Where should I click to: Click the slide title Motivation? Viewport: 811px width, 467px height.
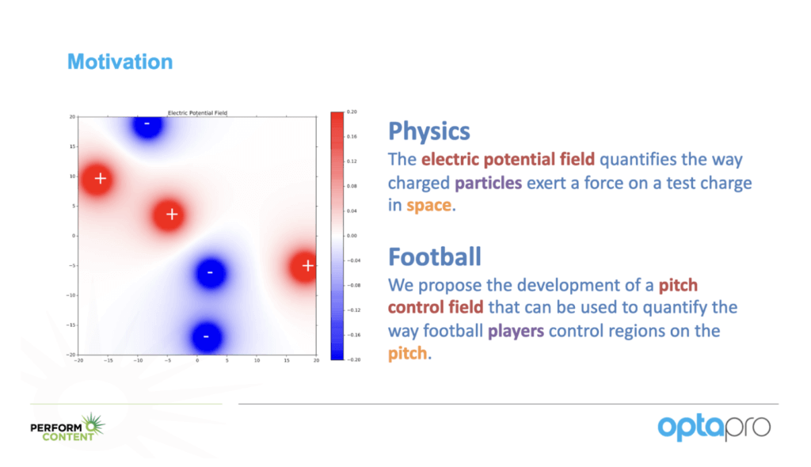click(x=120, y=62)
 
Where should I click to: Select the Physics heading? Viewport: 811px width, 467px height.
click(x=429, y=131)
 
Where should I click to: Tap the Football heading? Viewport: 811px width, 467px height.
click(x=435, y=256)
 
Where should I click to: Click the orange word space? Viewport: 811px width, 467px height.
click(x=428, y=206)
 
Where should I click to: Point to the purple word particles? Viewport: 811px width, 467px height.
click(x=488, y=183)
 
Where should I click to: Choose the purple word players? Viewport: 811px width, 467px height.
click(x=516, y=331)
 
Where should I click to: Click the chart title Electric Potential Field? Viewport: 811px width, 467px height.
click(x=197, y=112)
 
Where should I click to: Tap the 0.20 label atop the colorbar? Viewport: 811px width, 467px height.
click(x=352, y=112)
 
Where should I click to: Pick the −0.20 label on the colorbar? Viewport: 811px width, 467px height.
click(x=353, y=359)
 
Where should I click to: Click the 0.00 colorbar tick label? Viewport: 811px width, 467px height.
click(x=352, y=236)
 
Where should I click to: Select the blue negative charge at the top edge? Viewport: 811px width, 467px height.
click(x=148, y=126)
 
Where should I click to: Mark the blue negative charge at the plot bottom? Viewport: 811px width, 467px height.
click(x=207, y=336)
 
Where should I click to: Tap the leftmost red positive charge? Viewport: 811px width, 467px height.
click(x=97, y=179)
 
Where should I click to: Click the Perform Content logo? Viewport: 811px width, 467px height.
click(x=68, y=428)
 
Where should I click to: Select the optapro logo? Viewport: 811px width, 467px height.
click(x=714, y=427)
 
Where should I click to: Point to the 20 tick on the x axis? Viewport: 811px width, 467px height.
click(x=316, y=360)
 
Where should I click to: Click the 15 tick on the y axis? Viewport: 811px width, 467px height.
click(x=73, y=146)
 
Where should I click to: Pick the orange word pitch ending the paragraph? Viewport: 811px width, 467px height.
click(x=408, y=355)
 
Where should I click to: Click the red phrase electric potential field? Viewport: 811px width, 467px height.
click(x=508, y=160)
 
